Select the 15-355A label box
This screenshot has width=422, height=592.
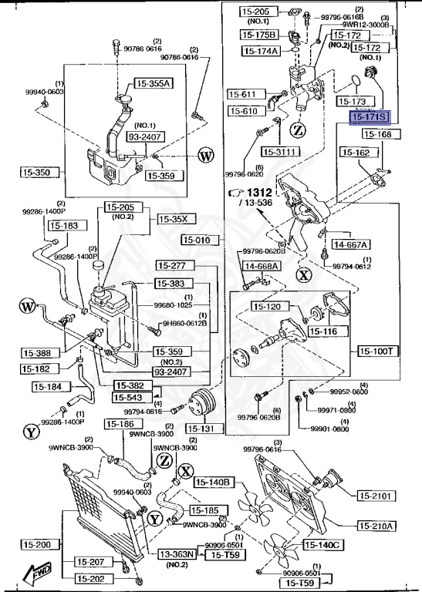154,83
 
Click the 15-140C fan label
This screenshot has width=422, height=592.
324,545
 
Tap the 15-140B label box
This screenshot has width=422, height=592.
214,483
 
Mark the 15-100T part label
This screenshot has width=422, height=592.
377,350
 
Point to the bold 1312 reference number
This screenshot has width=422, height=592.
260,192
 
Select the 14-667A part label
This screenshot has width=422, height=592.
349,244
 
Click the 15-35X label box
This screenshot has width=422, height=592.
173,219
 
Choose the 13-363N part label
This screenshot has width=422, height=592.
177,554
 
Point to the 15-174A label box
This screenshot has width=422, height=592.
262,51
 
